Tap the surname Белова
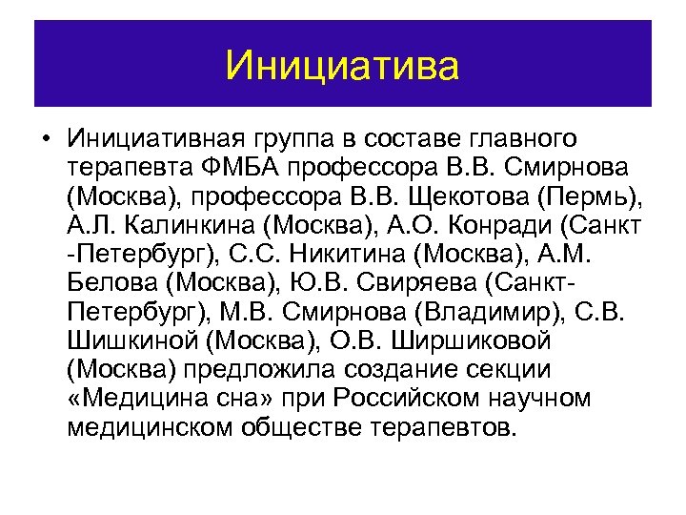click(111, 284)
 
